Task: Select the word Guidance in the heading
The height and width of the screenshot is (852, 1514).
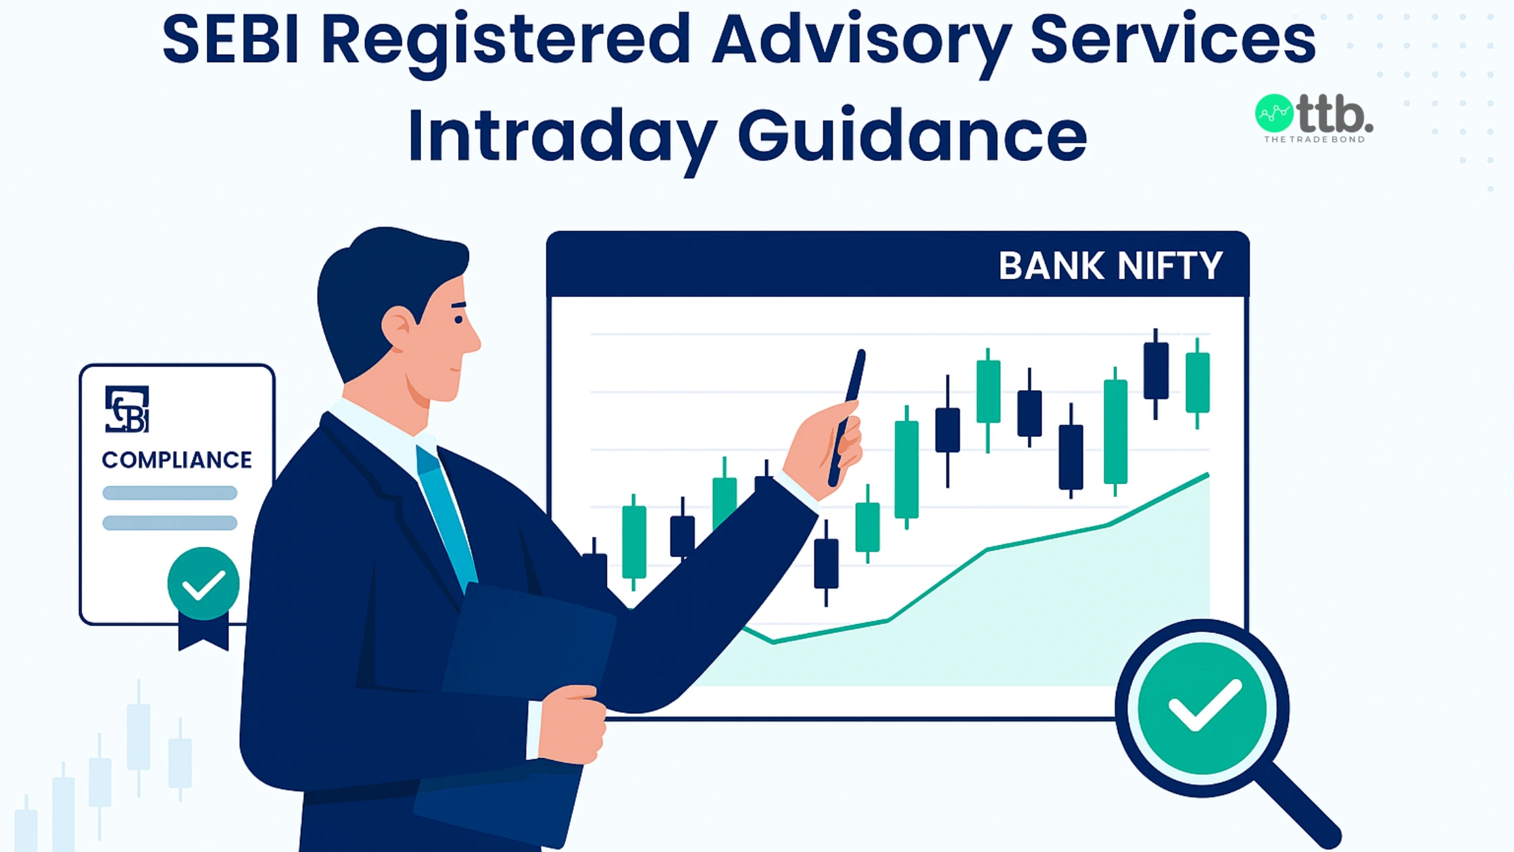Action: pyautogui.click(x=912, y=135)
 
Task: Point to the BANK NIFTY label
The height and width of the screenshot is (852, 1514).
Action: pyautogui.click(x=1110, y=266)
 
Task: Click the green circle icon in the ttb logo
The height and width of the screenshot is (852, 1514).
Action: pyautogui.click(x=1274, y=114)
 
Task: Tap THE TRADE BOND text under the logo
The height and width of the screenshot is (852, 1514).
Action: pyautogui.click(x=1315, y=140)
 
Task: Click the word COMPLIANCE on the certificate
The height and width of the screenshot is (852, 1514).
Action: pyautogui.click(x=177, y=460)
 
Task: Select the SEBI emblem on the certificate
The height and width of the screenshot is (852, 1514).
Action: pyautogui.click(x=127, y=409)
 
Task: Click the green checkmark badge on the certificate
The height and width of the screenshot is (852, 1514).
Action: pyautogui.click(x=203, y=584)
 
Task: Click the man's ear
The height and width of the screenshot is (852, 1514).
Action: pyautogui.click(x=399, y=328)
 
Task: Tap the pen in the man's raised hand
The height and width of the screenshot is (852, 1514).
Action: pyautogui.click(x=849, y=412)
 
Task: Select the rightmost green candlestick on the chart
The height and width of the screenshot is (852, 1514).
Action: pyautogui.click(x=1197, y=382)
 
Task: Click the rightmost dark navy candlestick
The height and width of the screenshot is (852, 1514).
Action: pyautogui.click(x=1156, y=371)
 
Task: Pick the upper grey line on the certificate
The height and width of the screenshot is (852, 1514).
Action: pyautogui.click(x=170, y=493)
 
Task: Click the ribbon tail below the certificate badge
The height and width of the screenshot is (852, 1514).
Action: pyautogui.click(x=203, y=636)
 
